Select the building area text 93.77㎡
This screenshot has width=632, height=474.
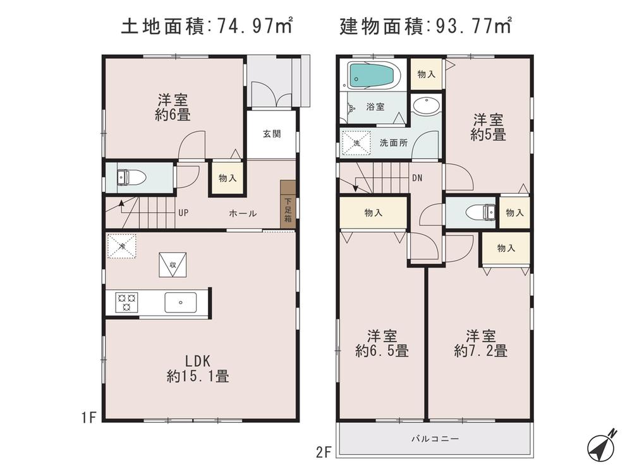pyautogui.click(x=471, y=27)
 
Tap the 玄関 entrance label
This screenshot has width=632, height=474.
pyautogui.click(x=271, y=134)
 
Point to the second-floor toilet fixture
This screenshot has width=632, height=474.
pyautogui.click(x=481, y=212)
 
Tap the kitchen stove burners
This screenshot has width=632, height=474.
pyautogui.click(x=125, y=302)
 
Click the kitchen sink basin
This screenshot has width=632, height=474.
pyautogui.click(x=181, y=302)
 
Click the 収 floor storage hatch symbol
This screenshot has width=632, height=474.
pyautogui.click(x=173, y=263)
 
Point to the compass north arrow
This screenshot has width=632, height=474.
pyautogui.click(x=601, y=446)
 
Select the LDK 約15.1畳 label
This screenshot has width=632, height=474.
pyautogui.click(x=198, y=369)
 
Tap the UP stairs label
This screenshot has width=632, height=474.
pyautogui.click(x=183, y=213)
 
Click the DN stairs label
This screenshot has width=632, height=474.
pyautogui.click(x=416, y=178)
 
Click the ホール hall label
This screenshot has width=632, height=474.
pyautogui.click(x=243, y=213)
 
